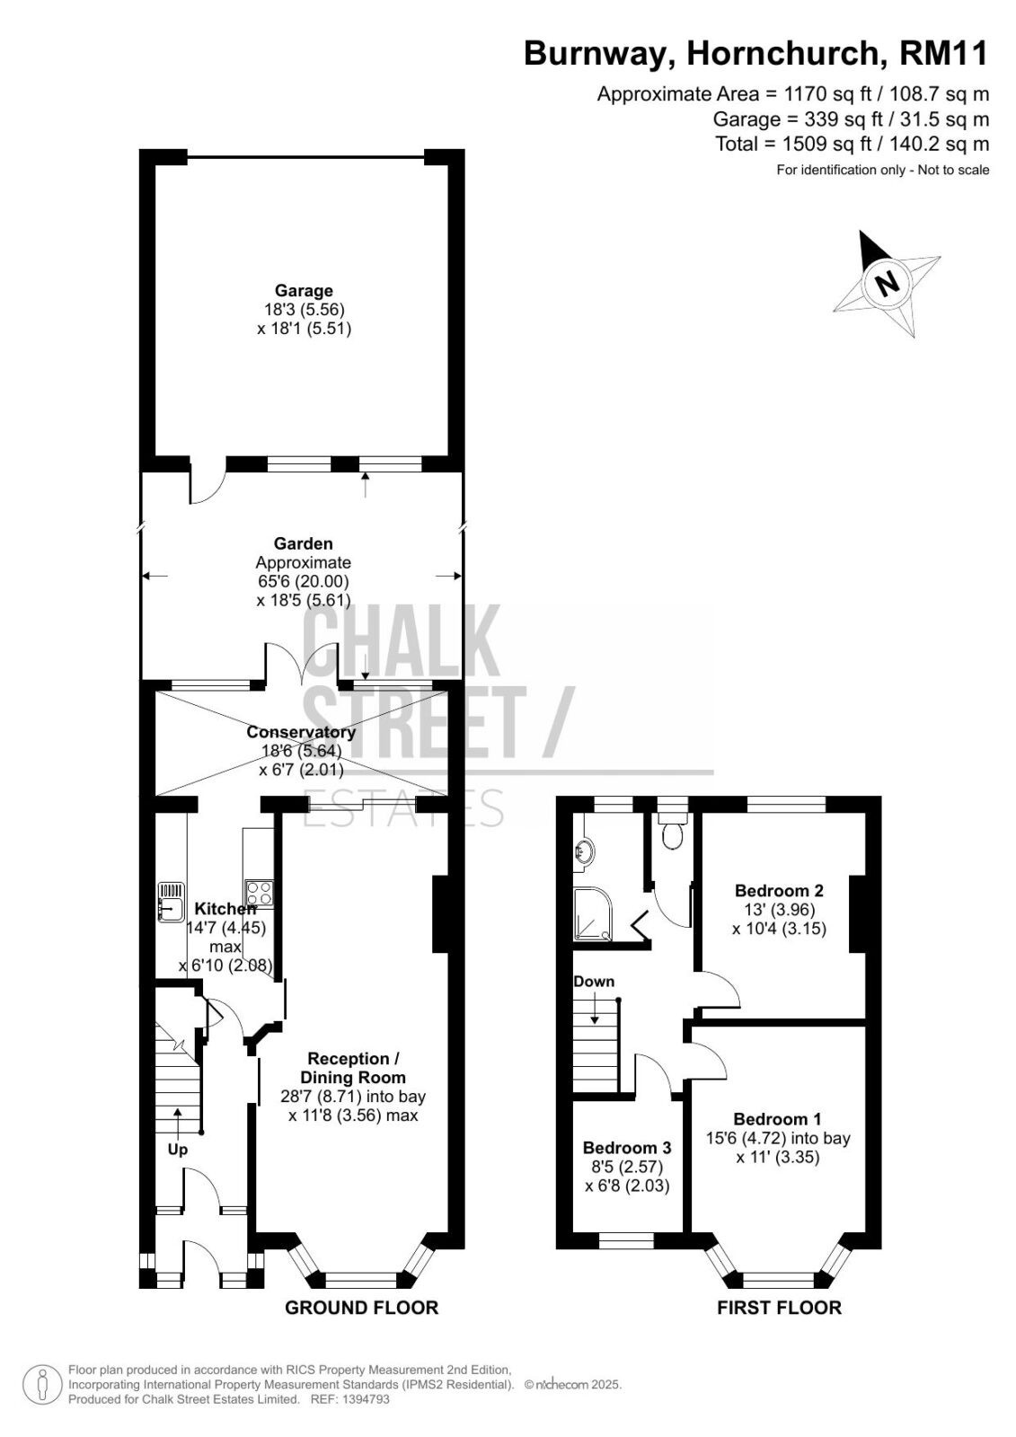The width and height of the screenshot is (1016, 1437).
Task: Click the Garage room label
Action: click(304, 291)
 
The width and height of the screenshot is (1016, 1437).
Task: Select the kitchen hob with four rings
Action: click(260, 894)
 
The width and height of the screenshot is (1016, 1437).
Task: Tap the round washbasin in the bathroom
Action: click(585, 853)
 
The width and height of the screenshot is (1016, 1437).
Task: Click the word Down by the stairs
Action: click(594, 981)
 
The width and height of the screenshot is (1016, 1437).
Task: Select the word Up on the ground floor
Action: click(178, 1150)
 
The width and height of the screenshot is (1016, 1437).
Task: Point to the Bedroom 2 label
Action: click(779, 890)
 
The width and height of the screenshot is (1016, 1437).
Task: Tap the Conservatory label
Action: click(301, 732)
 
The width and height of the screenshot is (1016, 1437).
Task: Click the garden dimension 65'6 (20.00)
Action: click(304, 581)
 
